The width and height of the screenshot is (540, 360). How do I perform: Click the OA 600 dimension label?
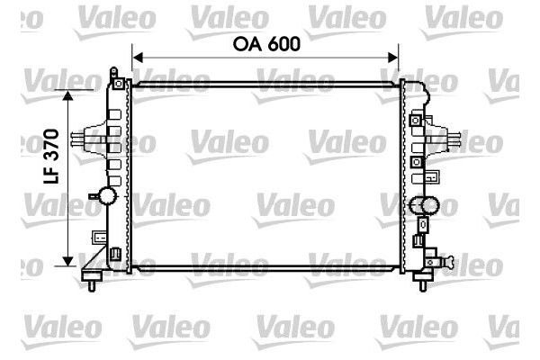(265, 42)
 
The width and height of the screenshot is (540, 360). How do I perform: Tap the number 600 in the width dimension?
(282, 42)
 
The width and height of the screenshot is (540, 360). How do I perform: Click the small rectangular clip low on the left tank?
(98, 238)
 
